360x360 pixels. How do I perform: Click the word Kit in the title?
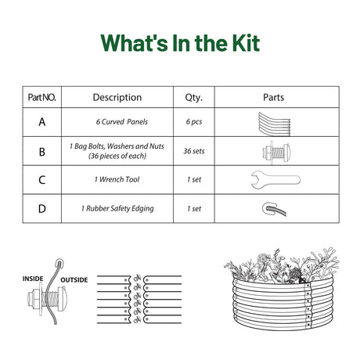pyautogui.click(x=246, y=43)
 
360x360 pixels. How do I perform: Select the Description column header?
pyautogui.click(x=117, y=97)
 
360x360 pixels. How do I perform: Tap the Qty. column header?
pyautogui.click(x=194, y=98)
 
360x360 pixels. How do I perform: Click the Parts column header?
pyautogui.click(x=273, y=97)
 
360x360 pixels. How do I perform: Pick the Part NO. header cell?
pyautogui.click(x=41, y=97)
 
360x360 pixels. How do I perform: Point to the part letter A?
pyautogui.click(x=42, y=122)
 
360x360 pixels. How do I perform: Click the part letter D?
pyautogui.click(x=42, y=209)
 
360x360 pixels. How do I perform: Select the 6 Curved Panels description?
pyautogui.click(x=122, y=122)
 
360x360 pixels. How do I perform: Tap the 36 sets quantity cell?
pyautogui.click(x=194, y=151)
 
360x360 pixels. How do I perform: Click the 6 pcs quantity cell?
pyautogui.click(x=194, y=122)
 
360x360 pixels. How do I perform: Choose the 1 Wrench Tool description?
pyautogui.click(x=117, y=179)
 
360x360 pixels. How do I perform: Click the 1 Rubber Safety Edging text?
pyautogui.click(x=117, y=209)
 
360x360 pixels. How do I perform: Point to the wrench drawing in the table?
pyautogui.click(x=275, y=180)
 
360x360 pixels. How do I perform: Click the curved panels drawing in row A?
pyautogui.click(x=275, y=124)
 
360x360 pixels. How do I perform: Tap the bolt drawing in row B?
pyautogui.click(x=276, y=153)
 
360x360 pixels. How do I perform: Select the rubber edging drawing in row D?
pyautogui.click(x=274, y=209)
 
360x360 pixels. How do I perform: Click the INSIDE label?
pyautogui.click(x=33, y=279)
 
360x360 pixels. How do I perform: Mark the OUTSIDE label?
pyautogui.click(x=74, y=280)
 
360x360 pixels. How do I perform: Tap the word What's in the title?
pyautogui.click(x=134, y=43)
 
